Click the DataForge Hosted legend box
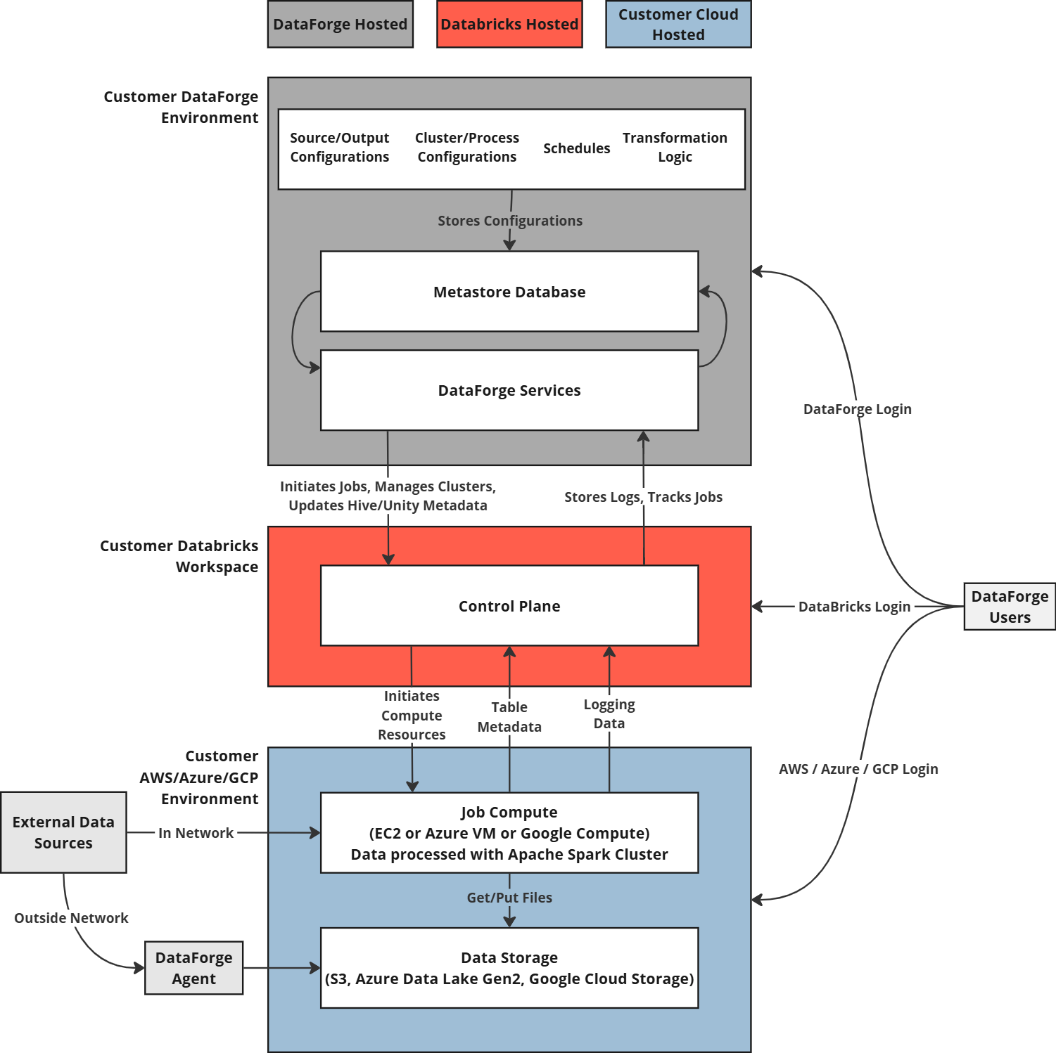coord(341,25)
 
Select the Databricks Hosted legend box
coord(509,25)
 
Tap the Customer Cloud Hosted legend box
coord(679,25)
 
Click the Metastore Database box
coord(509,292)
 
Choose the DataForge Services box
coord(509,390)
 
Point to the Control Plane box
coord(509,606)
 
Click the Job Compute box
coord(509,833)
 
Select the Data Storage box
coord(509,968)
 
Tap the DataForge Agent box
coord(194,968)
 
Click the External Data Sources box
coord(64,833)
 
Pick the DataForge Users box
coord(1010,607)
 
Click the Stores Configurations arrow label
coord(510,221)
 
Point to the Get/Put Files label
coord(509,898)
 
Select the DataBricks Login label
coord(854,607)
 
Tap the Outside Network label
coord(71,918)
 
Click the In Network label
coord(196,833)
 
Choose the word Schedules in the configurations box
coord(577,148)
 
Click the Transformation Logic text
coord(675,148)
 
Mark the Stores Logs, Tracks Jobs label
coord(643,497)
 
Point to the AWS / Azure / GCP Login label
coord(858,769)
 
